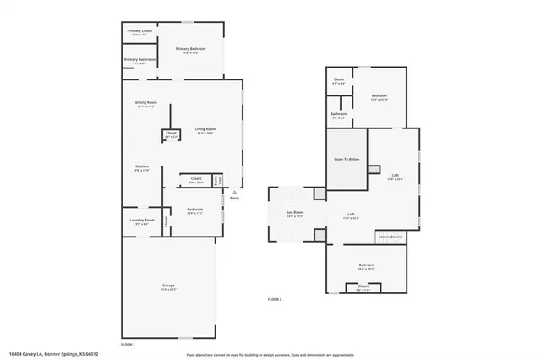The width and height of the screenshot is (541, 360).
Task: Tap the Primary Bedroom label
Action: (x=191, y=50)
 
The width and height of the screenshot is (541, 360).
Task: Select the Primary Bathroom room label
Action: (x=140, y=60)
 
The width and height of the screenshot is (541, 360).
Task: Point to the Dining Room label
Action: (x=146, y=104)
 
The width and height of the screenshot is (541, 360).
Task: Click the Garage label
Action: (x=168, y=287)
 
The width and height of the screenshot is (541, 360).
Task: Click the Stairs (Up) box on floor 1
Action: (x=218, y=179)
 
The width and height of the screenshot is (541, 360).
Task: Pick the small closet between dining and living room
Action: (x=171, y=134)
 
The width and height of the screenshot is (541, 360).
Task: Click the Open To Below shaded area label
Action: (x=347, y=159)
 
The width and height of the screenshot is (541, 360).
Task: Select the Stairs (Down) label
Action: (x=390, y=237)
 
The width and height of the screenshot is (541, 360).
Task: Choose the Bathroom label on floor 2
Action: (x=339, y=115)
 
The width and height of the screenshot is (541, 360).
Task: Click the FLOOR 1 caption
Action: (x=128, y=344)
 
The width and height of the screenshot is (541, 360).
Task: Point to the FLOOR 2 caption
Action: (x=275, y=299)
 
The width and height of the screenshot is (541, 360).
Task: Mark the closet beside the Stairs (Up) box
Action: (x=195, y=179)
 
